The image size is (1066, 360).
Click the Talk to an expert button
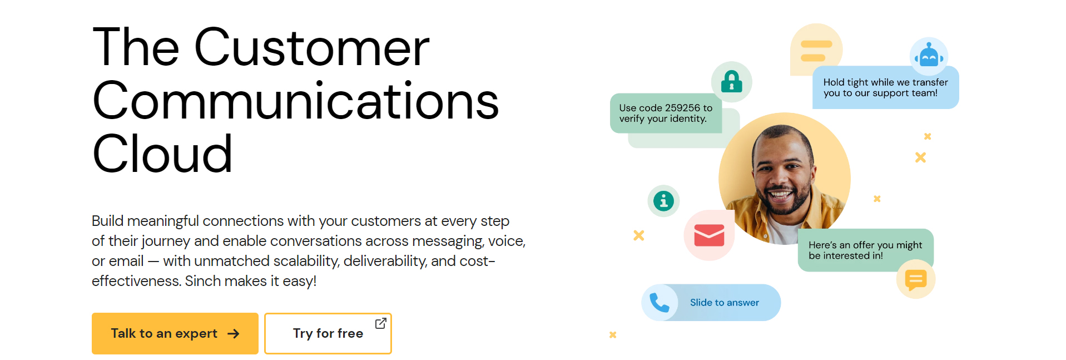coord(175,333)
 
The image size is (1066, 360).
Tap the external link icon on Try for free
coord(381,323)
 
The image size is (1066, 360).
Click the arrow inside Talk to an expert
coord(234,334)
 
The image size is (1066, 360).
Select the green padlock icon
coord(732,82)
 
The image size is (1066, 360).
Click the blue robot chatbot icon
coord(929,56)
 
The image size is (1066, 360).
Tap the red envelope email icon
coord(709,235)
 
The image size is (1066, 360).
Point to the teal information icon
coord(663,201)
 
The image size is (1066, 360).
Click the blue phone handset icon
coord(660,303)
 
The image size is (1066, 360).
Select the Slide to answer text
coord(725,303)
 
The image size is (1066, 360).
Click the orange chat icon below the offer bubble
coord(916,279)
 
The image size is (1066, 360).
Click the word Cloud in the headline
coord(162,154)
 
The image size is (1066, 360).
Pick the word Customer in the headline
coord(311,48)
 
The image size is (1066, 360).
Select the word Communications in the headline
coord(295,101)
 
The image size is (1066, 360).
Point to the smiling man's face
coord(780,175)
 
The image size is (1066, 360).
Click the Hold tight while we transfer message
coord(886,87)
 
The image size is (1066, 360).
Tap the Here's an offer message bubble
coord(865,250)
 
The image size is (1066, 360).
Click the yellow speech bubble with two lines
coord(816,50)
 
